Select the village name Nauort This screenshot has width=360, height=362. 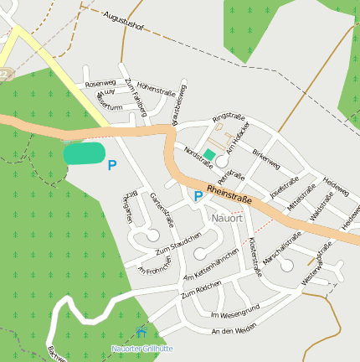click(x=227, y=218)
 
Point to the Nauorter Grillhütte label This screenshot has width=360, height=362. click(x=141, y=348)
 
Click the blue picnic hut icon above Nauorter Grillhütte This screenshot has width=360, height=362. click(x=140, y=333)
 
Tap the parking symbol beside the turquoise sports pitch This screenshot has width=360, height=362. click(x=112, y=166)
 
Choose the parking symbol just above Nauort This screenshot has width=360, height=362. click(x=198, y=197)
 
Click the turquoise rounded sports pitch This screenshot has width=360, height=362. click(x=85, y=153)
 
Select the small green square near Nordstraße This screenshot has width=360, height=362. click(x=209, y=155)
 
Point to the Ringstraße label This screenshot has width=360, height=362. click(x=228, y=117)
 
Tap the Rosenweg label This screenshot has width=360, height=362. click(x=100, y=84)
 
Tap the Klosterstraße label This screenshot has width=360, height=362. click(x=254, y=252)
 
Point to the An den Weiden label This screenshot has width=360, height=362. click(x=233, y=332)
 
